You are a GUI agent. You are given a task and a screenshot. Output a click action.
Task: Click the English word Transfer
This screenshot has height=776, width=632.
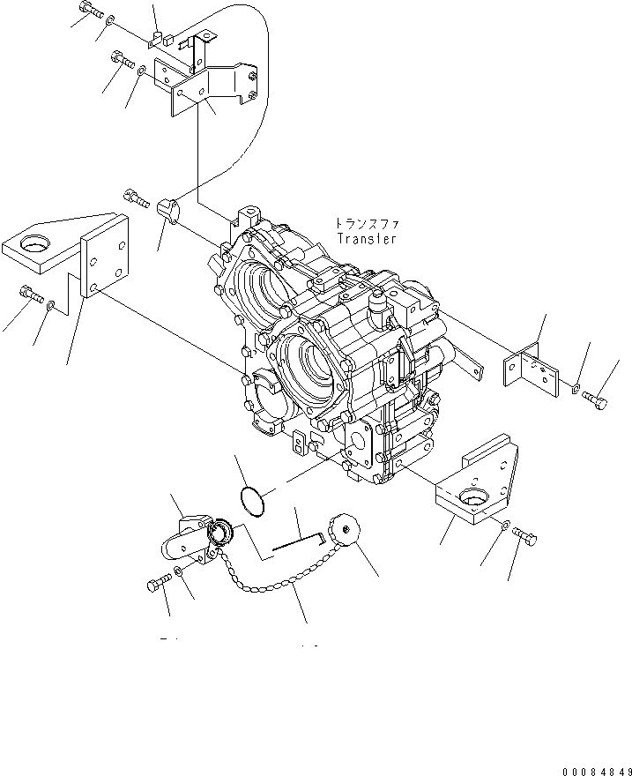coord(367,238)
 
